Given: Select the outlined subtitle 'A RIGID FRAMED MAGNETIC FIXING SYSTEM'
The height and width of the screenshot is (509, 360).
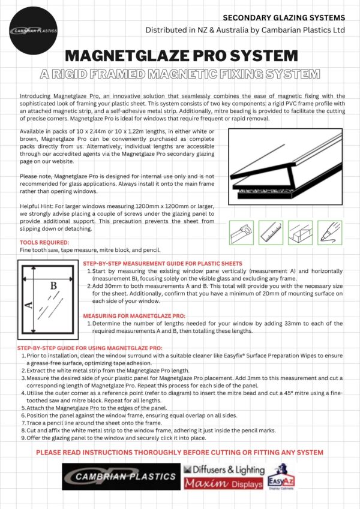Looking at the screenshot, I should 180,75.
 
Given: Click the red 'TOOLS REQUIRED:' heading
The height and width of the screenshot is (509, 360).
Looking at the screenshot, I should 44,242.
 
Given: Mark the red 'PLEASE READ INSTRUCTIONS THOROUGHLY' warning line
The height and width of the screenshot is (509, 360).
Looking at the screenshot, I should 180,451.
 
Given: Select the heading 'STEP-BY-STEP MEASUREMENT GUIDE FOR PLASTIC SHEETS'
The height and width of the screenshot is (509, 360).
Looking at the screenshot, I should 163,264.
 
